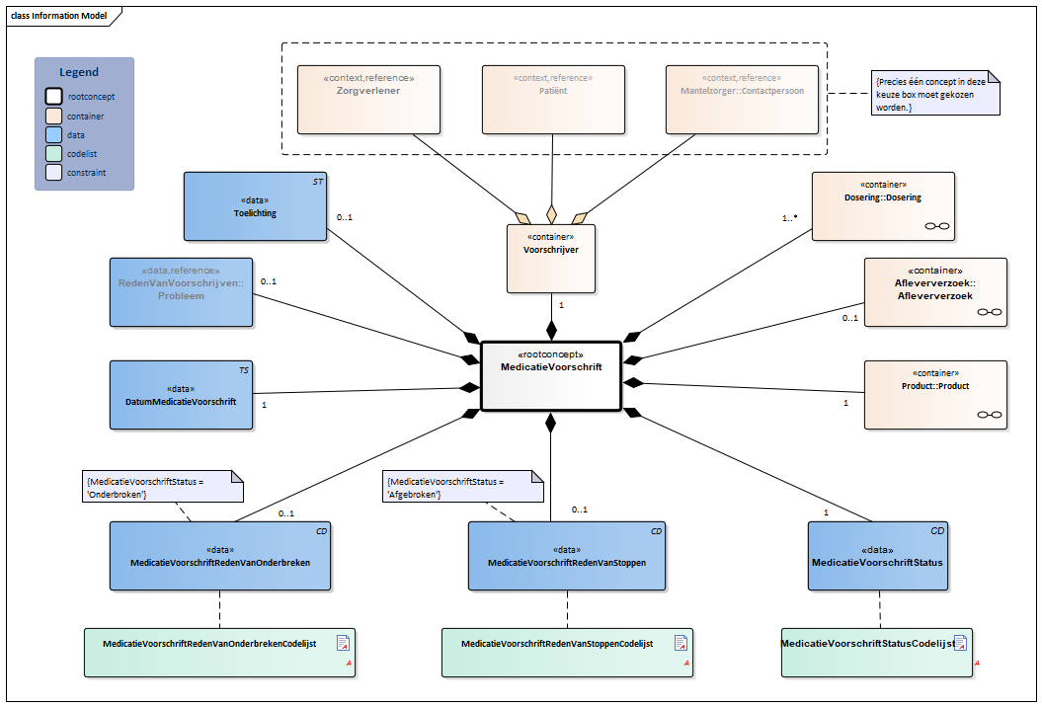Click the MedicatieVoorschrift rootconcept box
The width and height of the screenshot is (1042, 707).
tap(550, 376)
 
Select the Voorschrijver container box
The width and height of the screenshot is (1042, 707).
tap(550, 259)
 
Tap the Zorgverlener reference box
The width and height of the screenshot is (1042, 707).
tap(368, 99)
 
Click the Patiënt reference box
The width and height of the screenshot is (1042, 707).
tap(553, 99)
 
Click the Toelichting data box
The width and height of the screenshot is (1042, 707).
tap(255, 206)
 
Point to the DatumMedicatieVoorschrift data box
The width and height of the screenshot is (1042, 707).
tap(180, 395)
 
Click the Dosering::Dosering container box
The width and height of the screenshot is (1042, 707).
tap(882, 206)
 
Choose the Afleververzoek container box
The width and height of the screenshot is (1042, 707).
tap(934, 292)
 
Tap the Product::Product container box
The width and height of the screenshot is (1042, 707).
tap(934, 395)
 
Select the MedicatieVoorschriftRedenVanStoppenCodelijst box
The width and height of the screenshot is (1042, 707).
tap(567, 653)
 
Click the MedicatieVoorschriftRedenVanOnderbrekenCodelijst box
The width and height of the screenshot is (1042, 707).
tap(219, 653)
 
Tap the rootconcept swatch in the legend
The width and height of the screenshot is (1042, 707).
tap(53, 97)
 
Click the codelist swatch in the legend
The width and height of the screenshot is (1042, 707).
tap(53, 153)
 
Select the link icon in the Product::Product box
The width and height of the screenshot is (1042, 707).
tap(989, 415)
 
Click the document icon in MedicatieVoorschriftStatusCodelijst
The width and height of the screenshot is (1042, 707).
tap(959, 644)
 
